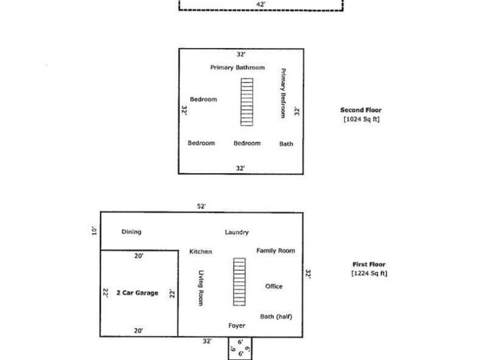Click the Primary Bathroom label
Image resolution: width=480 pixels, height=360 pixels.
(x=237, y=67)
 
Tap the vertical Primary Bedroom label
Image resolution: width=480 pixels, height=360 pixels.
(x=283, y=93)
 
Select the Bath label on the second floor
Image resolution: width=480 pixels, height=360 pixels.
(x=286, y=144)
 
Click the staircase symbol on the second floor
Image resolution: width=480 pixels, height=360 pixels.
(x=247, y=102)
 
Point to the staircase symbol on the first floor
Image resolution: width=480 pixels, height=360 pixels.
(x=239, y=282)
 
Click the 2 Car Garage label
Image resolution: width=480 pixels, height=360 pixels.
(x=138, y=293)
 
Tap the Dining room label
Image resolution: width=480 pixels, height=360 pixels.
(x=132, y=232)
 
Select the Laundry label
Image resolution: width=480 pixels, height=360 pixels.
(x=237, y=233)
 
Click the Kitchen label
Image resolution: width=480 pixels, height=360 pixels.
(x=201, y=252)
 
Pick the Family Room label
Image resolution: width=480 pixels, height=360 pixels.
(x=276, y=251)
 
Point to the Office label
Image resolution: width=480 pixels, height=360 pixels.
(x=274, y=286)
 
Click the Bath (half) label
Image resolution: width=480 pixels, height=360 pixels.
(x=276, y=316)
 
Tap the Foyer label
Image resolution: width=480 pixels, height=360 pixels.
(x=237, y=325)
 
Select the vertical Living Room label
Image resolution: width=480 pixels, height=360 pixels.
(x=201, y=288)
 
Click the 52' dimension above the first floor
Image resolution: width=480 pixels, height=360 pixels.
(x=201, y=206)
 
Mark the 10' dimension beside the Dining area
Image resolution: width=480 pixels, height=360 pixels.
(x=94, y=231)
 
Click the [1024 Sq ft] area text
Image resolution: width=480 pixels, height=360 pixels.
(x=362, y=119)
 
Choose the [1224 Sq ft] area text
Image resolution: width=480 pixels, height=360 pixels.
(x=369, y=274)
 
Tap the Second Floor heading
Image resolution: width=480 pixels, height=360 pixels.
(x=361, y=110)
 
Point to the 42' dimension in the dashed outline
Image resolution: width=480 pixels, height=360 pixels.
(x=261, y=4)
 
